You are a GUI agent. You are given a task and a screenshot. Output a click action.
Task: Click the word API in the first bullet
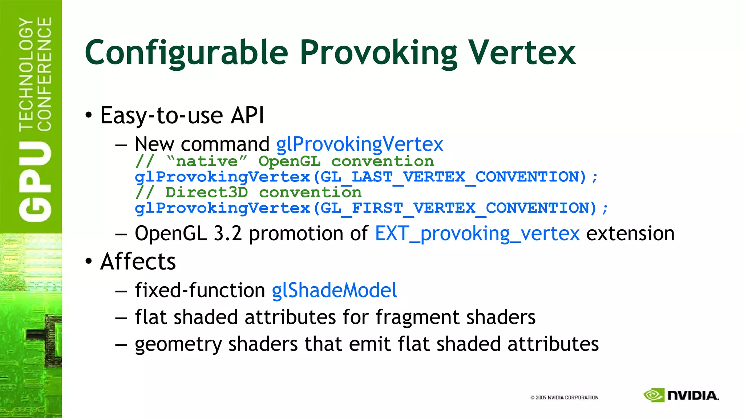(247, 116)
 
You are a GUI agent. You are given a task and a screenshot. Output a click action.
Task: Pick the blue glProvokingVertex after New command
(360, 144)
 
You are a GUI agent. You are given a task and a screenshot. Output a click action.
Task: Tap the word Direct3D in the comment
(207, 193)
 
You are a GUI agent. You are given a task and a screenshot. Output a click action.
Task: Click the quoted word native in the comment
(207, 161)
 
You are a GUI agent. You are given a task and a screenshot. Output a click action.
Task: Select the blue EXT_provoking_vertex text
(477, 234)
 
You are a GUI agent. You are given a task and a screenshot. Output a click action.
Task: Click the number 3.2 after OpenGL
(228, 234)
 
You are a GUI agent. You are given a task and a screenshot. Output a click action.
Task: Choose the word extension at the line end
(630, 234)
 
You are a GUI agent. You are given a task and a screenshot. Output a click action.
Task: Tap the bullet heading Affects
(138, 262)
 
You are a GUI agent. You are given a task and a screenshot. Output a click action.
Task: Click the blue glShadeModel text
(334, 291)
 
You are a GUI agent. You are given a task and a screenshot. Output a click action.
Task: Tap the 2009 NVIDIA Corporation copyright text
(564, 398)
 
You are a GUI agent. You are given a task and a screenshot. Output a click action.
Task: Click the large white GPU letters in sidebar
(35, 181)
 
